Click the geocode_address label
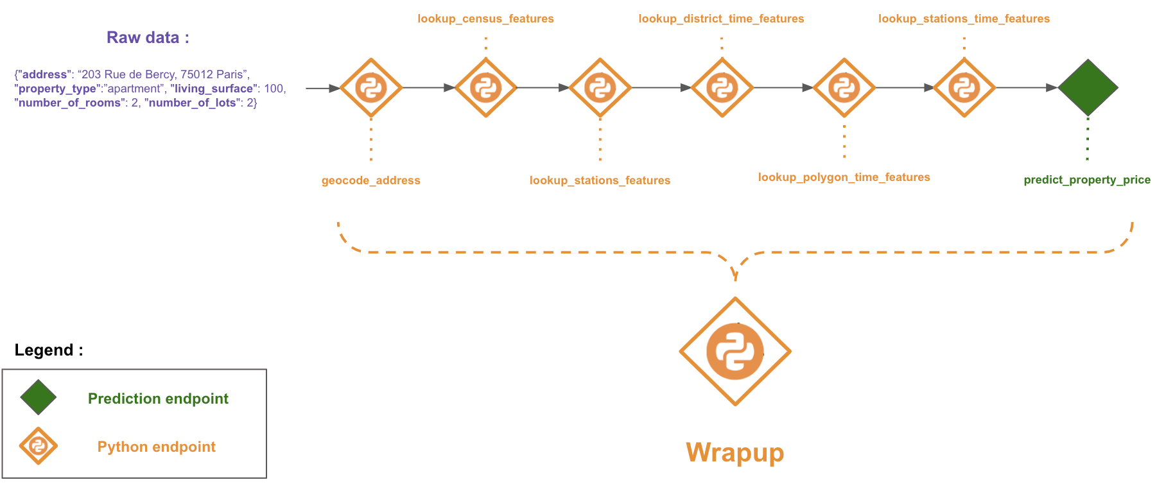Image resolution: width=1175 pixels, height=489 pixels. point(370,180)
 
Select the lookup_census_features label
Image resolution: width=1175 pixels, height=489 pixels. point(485,19)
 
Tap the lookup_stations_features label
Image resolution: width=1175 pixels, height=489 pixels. point(600,180)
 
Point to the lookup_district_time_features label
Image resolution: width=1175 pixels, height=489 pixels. point(721,19)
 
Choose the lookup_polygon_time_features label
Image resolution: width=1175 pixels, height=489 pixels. point(844,177)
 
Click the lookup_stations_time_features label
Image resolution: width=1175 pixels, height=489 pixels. point(964,19)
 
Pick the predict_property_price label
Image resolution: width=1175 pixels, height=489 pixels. point(1086,180)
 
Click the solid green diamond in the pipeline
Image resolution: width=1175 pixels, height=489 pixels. point(1087,87)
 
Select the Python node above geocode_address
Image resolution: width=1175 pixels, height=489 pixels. point(371,87)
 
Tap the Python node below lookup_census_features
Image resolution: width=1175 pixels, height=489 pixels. point(485,87)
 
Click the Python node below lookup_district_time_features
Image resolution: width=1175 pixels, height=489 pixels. point(722,87)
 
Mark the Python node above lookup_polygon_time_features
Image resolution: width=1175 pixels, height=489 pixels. point(844,87)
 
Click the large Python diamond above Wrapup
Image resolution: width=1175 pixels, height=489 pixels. point(735,351)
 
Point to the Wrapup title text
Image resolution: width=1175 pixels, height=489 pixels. point(735,452)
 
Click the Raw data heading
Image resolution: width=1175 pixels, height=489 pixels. point(148,37)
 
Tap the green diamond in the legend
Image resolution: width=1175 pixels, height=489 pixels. point(39,397)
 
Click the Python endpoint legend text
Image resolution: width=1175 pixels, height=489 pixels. point(156,447)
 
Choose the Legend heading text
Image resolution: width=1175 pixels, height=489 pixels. point(49,350)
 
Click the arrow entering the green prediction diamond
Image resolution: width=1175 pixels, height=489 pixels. point(1027,87)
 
